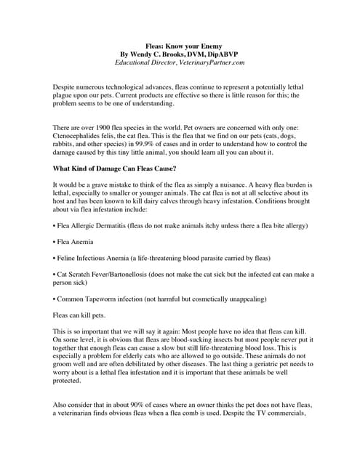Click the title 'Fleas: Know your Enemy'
point(180,46)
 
